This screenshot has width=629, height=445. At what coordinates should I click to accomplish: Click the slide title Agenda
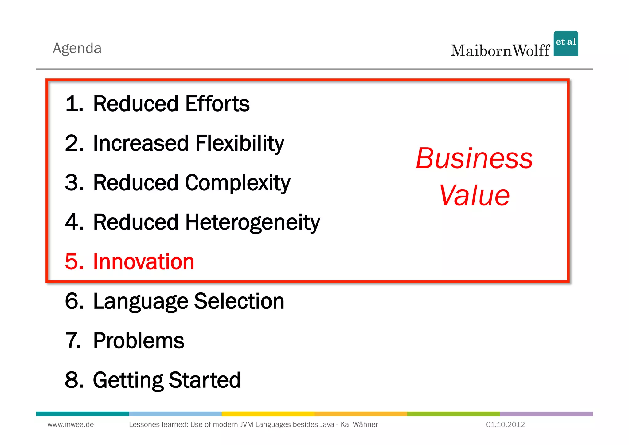point(77,48)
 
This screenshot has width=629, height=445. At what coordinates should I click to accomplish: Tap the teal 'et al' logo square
point(565,43)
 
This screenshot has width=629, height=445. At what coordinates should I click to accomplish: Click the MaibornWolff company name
point(500,51)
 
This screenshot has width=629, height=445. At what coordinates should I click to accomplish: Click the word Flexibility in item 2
point(240,143)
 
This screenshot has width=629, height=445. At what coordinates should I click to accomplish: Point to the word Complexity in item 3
point(237,183)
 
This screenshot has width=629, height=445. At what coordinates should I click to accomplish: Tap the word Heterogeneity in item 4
point(252,222)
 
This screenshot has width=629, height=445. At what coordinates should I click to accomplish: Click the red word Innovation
point(143,262)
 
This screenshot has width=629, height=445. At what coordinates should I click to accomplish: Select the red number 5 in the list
point(74,262)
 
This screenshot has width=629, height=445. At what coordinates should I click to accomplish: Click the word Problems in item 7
point(139,341)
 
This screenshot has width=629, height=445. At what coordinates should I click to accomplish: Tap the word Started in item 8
point(205,380)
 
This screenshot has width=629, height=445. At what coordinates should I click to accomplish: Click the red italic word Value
point(474,196)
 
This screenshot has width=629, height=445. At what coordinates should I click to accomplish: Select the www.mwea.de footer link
point(71,424)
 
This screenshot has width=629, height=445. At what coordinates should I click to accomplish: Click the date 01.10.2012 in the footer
point(505,424)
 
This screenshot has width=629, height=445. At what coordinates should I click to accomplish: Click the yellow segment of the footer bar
point(268,414)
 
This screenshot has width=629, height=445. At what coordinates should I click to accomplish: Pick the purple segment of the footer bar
point(546,414)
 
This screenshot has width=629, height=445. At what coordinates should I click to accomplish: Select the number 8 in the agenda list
point(74,380)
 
